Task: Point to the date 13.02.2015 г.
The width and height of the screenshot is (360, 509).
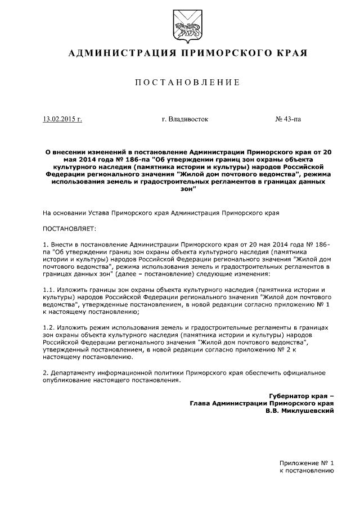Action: tap(62, 119)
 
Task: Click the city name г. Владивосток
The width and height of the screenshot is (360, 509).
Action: tap(184, 119)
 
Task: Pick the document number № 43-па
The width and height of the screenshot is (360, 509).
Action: tap(288, 119)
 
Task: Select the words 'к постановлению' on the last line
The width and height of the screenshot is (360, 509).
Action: tap(307, 471)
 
